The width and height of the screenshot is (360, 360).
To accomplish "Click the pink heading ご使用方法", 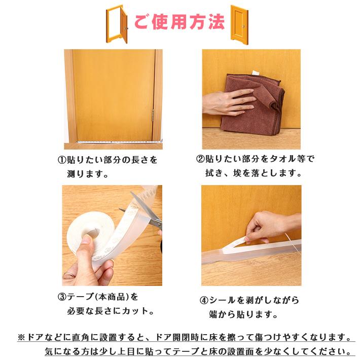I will pyautogui.click(x=180, y=22).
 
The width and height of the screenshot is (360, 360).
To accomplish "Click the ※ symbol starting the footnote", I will pyautogui.click(x=21, y=337).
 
